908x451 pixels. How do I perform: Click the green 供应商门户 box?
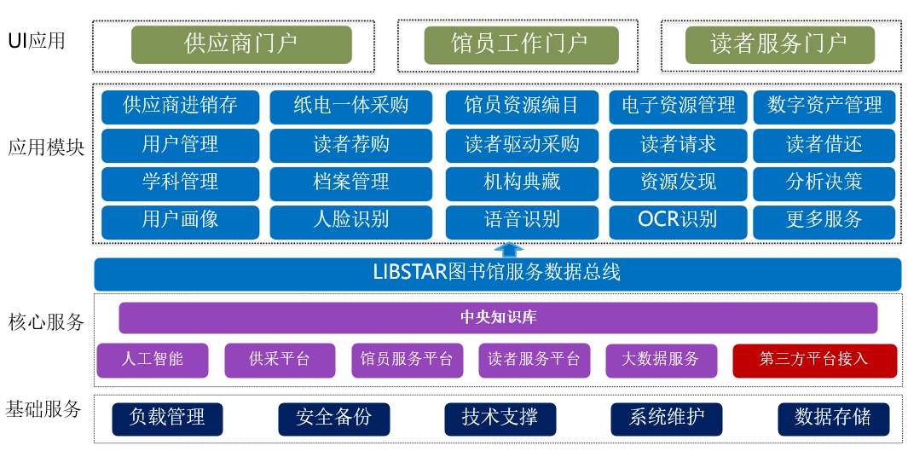241,44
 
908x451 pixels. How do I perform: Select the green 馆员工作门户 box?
520,44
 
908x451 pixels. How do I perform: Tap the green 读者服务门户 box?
779,44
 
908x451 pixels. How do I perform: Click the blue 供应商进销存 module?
180,107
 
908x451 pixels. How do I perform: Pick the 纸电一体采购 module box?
351,107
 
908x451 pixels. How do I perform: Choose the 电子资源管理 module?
678,107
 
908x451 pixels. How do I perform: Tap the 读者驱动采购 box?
522,145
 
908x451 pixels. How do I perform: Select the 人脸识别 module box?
351,220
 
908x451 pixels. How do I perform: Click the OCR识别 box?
678,220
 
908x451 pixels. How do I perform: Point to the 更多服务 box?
824,220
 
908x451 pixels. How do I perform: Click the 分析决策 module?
824,182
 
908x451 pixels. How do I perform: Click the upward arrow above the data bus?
510,250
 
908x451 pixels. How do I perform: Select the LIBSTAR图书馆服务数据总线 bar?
497,274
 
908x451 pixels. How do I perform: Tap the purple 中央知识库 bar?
498,318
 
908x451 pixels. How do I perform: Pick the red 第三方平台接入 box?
814,360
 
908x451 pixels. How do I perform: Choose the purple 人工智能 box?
153,360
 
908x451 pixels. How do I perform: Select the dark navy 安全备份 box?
334,419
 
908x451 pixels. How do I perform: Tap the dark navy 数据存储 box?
833,419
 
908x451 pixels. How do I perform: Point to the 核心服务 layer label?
46,322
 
